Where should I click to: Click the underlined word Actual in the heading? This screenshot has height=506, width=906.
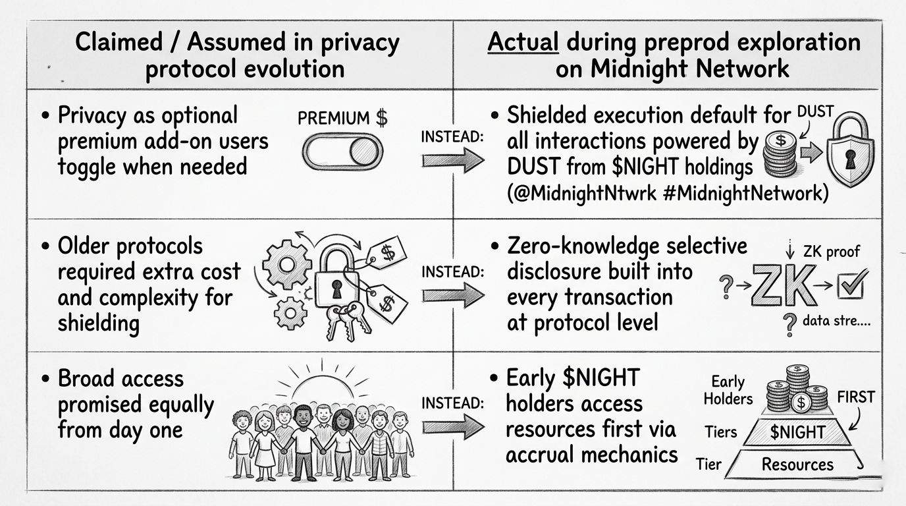(523, 43)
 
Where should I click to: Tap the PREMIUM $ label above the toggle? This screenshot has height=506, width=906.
(342, 119)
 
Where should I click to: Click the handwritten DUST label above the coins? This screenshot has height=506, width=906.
(815, 113)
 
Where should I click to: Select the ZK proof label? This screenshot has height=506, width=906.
(832, 251)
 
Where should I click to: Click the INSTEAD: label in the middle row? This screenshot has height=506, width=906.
(452, 271)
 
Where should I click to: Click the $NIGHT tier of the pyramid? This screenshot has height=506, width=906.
(797, 432)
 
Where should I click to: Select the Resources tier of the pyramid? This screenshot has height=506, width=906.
(797, 464)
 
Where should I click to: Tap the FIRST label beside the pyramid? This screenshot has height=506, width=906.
(855, 397)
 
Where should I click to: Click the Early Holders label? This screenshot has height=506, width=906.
(728, 391)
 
